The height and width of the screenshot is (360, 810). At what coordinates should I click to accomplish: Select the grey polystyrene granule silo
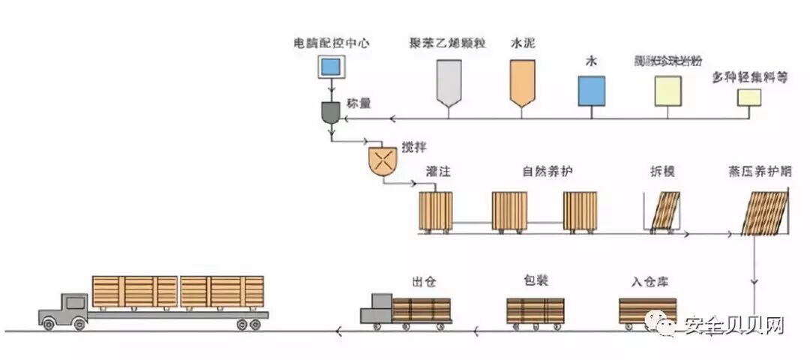click(x=448, y=81)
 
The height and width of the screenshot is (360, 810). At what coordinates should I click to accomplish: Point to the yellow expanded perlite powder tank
click(x=667, y=91)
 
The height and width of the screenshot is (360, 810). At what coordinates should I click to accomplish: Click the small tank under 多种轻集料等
click(x=748, y=97)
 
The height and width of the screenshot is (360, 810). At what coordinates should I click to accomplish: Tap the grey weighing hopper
click(x=331, y=112)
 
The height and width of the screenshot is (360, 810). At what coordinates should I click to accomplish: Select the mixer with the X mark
click(x=383, y=159)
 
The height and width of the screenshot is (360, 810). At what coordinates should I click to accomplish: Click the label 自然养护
click(x=547, y=172)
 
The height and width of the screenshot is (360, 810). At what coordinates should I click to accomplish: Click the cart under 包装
click(x=535, y=310)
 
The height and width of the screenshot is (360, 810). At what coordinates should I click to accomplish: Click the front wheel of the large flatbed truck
click(x=49, y=323)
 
